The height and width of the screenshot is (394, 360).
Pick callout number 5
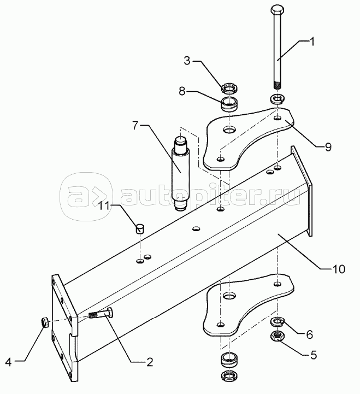click(x=312, y=355)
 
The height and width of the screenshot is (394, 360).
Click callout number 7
click(x=134, y=126)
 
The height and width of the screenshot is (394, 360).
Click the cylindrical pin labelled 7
click(x=180, y=172)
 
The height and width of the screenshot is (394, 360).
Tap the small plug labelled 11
click(x=140, y=227)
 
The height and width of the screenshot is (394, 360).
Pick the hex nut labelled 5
click(x=278, y=335)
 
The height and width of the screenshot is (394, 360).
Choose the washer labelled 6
click(x=278, y=321)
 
